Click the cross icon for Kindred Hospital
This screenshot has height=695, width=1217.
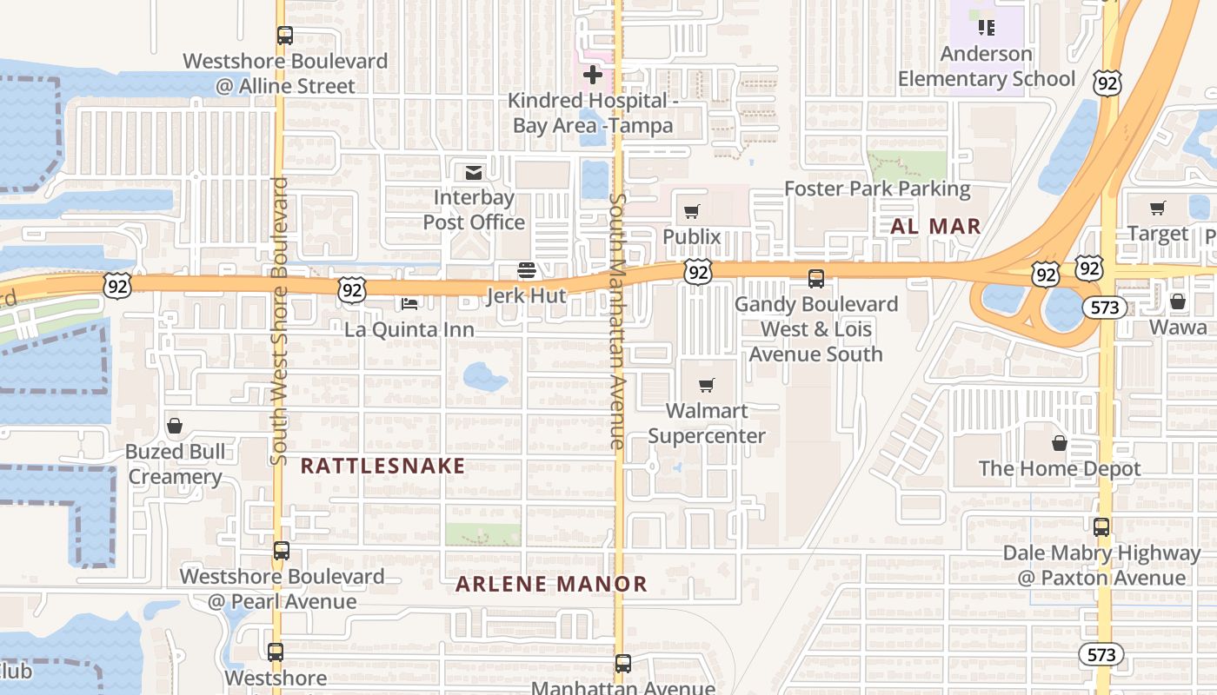tap(593, 75)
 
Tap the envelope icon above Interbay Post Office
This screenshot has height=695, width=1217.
tap(474, 172)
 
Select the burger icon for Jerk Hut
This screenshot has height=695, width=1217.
tap(526, 270)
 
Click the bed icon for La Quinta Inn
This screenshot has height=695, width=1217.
tap(409, 304)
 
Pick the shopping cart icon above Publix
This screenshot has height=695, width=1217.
tap(692, 211)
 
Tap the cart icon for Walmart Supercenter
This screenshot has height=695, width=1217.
tap(707, 385)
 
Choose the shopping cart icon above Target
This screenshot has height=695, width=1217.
tap(1157, 208)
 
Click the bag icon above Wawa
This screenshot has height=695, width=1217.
tap(1178, 301)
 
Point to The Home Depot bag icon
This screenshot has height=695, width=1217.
tap(1060, 443)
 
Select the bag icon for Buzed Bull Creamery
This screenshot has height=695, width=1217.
tap(175, 426)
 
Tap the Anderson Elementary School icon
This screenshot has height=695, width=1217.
tap(986, 28)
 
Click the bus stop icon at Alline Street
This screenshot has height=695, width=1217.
tap(284, 36)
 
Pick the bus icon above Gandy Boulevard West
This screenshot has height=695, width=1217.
tap(816, 279)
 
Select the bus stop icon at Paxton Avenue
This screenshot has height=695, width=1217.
tap(1101, 527)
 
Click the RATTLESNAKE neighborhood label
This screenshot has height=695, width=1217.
tap(382, 466)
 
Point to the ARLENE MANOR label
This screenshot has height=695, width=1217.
tap(552, 584)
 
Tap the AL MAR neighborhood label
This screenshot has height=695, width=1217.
tap(936, 227)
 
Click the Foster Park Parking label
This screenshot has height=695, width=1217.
tap(877, 189)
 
